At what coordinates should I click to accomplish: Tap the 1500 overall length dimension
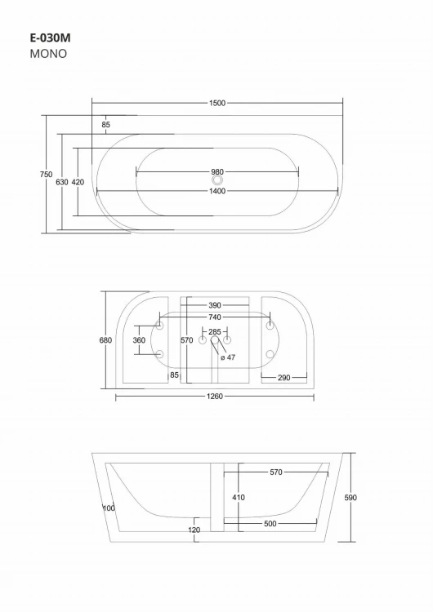(216, 103)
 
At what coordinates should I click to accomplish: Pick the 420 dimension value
(78, 182)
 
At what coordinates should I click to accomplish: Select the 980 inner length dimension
(216, 171)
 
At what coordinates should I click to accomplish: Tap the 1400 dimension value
(216, 191)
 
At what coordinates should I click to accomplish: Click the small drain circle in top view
(217, 181)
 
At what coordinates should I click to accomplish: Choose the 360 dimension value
(138, 340)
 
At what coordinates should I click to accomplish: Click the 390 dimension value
(214, 304)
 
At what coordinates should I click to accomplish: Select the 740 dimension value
(214, 317)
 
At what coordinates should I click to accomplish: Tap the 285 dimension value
(215, 331)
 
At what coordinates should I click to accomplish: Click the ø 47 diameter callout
(230, 357)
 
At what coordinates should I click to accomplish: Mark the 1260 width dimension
(214, 397)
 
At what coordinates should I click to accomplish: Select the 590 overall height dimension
(351, 497)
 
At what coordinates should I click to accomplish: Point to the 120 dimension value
(194, 530)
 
